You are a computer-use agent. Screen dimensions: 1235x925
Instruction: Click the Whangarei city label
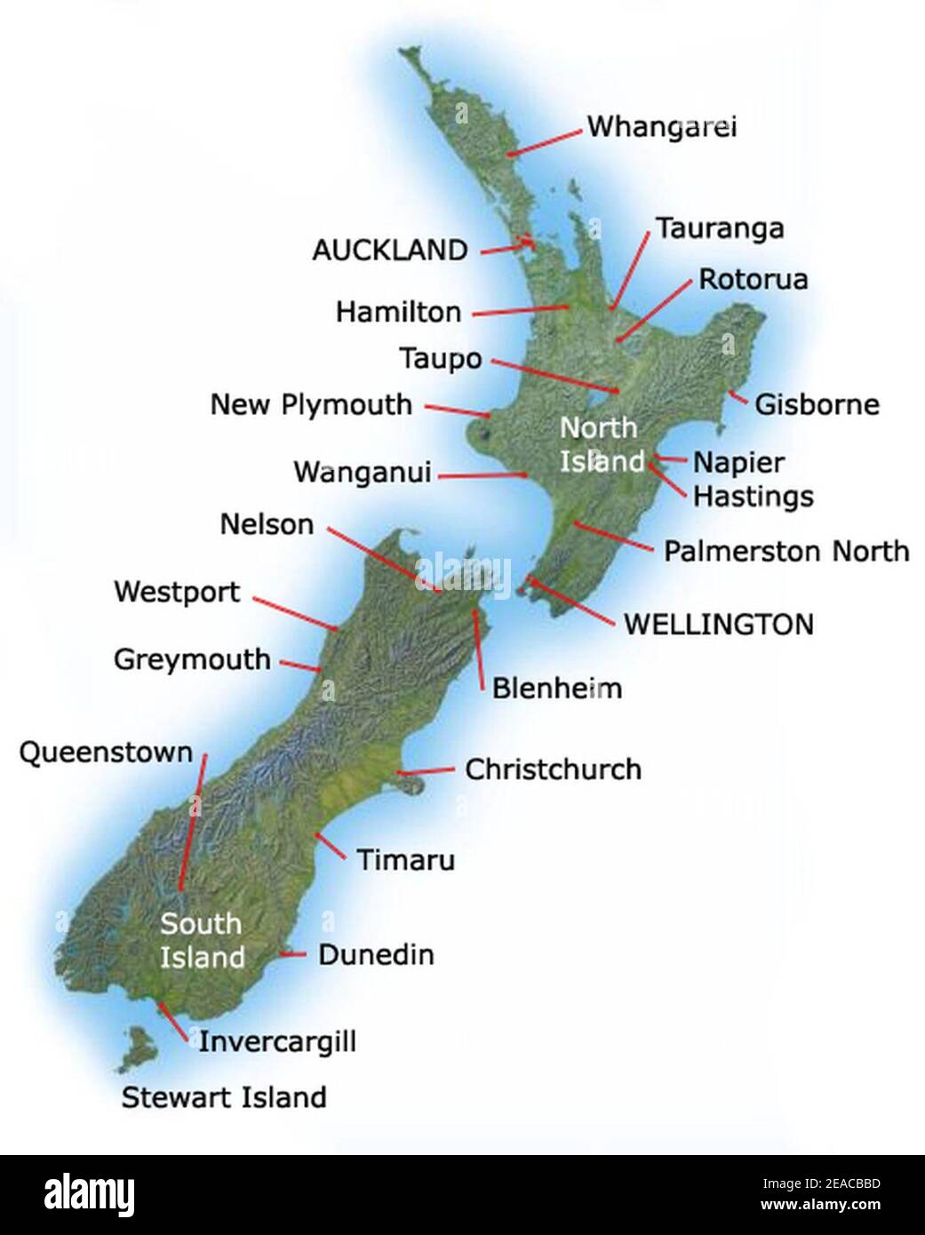662,127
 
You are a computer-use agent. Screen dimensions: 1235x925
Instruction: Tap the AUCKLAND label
389,251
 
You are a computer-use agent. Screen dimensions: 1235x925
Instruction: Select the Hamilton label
398,312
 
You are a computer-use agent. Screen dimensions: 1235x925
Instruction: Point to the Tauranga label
720,228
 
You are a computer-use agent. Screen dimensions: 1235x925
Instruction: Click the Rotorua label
753,279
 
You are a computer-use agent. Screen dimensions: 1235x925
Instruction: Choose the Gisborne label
817,405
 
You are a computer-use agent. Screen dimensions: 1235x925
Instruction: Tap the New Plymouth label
311,405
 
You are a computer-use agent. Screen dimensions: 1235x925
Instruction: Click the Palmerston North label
786,551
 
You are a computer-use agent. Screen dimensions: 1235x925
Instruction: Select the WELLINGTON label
718,624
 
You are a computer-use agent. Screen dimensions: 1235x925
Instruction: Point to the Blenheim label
556,688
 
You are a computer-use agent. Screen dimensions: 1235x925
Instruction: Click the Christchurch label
553,769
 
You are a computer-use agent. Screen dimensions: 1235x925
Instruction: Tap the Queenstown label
106,753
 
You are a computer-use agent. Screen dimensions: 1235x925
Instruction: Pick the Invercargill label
276,1040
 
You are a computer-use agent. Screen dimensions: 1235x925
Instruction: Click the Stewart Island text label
224,1097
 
